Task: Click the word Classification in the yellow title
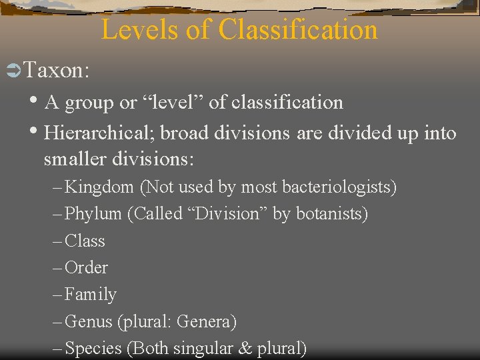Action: coord(297,30)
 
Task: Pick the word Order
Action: coord(86,267)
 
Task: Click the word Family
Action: coord(90,294)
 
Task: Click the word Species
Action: coord(93,348)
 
